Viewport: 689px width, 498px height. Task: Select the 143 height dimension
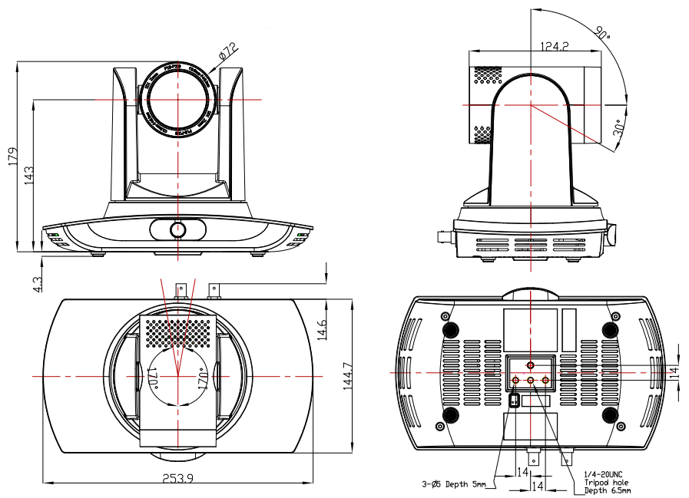29,176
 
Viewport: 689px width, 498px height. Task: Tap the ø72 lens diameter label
228,52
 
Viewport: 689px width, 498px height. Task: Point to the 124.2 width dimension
553,47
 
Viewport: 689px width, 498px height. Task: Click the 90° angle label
601,34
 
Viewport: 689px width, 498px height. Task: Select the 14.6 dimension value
323,329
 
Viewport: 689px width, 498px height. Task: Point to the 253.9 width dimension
177,479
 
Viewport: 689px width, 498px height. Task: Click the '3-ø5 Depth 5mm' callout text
453,485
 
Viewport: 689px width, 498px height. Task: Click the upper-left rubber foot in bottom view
449,329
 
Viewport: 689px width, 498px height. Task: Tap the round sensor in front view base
177,229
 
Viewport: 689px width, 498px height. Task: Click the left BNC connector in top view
183,290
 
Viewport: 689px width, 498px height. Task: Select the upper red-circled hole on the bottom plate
530,365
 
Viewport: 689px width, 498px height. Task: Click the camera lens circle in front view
177,99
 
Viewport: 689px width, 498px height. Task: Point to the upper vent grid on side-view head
487,74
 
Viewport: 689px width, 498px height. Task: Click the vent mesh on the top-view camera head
177,330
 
